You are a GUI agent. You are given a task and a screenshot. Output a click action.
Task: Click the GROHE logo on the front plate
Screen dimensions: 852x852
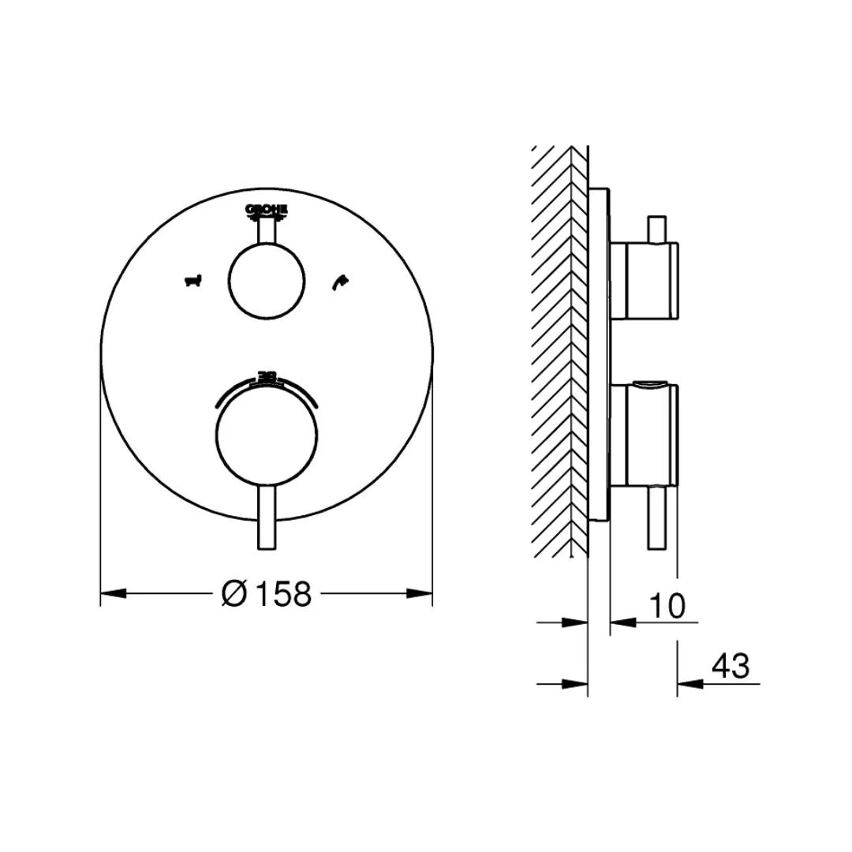(x=267, y=209)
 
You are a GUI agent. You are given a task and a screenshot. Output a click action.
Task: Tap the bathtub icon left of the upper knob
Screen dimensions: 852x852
(x=192, y=280)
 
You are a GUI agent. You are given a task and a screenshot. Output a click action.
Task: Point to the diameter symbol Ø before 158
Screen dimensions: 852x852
(x=235, y=593)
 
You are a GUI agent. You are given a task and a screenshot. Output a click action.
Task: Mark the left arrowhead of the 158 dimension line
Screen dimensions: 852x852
(x=114, y=593)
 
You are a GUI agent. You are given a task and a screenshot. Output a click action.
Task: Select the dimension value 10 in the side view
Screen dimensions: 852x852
(x=667, y=606)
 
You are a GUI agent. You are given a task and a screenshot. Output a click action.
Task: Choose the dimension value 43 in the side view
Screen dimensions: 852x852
(x=731, y=667)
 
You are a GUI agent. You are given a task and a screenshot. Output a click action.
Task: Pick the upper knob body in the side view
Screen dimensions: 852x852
(x=642, y=282)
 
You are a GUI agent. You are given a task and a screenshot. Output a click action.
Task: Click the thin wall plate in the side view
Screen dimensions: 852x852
(x=599, y=355)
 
